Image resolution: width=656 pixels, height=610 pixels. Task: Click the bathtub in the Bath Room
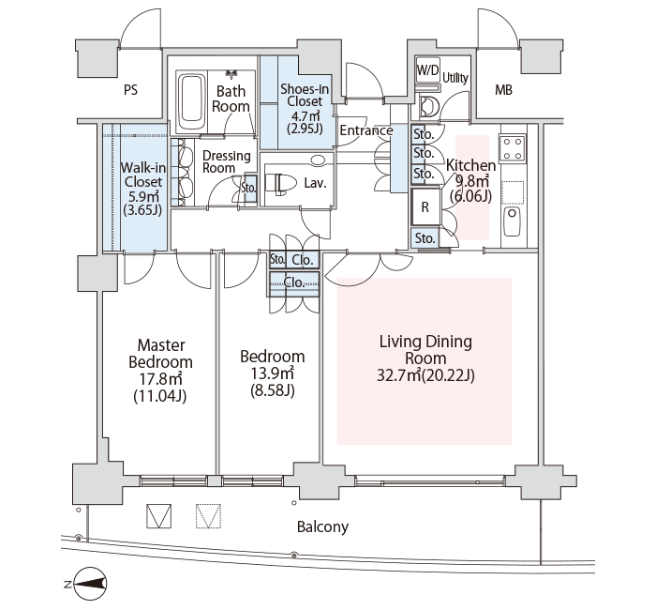click(192, 101)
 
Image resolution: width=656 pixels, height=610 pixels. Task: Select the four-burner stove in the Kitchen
click(513, 148)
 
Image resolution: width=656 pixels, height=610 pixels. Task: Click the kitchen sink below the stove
click(512, 221)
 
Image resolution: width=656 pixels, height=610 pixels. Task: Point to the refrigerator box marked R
click(425, 207)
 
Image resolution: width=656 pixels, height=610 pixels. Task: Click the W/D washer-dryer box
click(428, 70)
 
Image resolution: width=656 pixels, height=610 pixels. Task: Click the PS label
click(130, 90)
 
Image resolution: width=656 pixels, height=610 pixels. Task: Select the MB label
click(503, 90)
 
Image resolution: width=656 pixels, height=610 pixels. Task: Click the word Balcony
click(322, 526)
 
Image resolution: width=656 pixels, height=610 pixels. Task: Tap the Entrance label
click(366, 130)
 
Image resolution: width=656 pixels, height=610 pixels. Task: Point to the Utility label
click(455, 78)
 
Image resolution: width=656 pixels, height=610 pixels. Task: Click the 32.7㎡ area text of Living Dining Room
click(398, 375)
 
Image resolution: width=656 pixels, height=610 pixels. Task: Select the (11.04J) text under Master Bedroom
click(160, 395)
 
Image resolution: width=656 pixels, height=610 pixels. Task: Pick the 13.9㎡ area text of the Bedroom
click(272, 373)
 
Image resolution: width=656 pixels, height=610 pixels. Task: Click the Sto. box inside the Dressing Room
click(250, 188)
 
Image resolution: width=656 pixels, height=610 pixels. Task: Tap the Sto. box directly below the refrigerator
click(425, 238)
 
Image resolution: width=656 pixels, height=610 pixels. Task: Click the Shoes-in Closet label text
click(305, 95)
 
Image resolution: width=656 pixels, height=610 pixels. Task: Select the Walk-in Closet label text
click(143, 175)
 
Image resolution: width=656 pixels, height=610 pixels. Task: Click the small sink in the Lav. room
click(318, 160)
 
